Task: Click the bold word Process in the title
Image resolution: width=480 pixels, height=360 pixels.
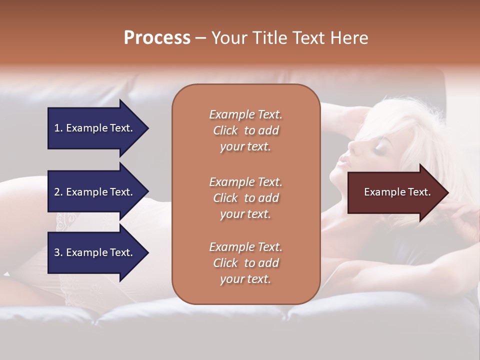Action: pyautogui.click(x=157, y=38)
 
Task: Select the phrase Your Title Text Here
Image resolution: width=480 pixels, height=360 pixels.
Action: pyautogui.click(x=290, y=38)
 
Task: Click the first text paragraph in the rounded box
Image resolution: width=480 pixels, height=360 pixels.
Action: pyautogui.click(x=245, y=130)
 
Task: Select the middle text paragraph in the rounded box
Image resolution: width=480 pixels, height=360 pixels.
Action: pyautogui.click(x=245, y=198)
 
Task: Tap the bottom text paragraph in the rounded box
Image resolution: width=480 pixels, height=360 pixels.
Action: pyautogui.click(x=245, y=263)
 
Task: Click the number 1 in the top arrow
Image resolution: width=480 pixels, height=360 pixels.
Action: pyautogui.click(x=56, y=128)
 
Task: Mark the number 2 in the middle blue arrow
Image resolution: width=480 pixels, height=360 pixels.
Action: pyautogui.click(x=56, y=192)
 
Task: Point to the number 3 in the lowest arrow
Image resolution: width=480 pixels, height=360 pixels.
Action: pyautogui.click(x=56, y=252)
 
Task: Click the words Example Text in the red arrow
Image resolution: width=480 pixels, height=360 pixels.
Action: pyautogui.click(x=397, y=192)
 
